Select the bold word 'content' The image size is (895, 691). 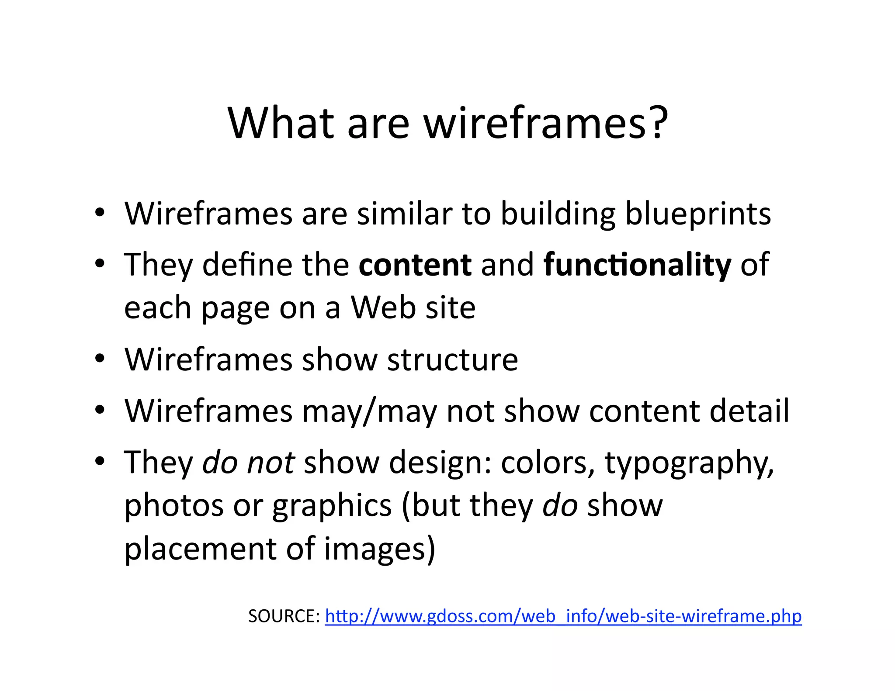(415, 265)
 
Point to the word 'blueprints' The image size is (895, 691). (698, 215)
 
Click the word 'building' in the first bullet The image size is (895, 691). (558, 215)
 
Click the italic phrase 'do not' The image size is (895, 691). (248, 463)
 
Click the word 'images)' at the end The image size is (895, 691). (380, 549)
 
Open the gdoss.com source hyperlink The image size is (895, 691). (563, 616)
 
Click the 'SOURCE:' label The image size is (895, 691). (284, 616)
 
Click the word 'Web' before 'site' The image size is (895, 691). (383, 308)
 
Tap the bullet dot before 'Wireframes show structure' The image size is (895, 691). (100, 359)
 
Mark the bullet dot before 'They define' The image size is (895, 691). (100, 263)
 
